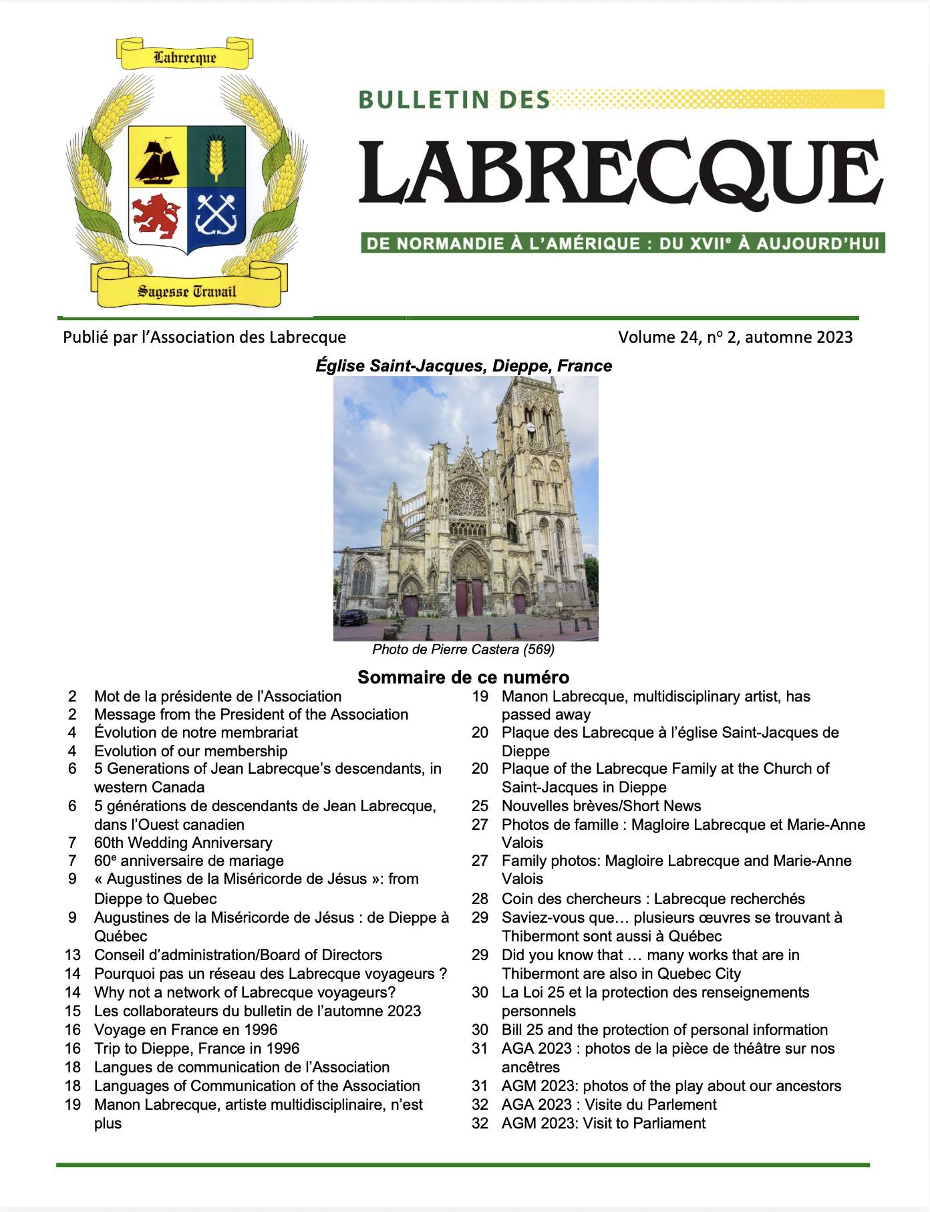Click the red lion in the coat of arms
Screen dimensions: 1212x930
[156, 216]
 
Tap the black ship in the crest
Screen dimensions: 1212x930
[158, 161]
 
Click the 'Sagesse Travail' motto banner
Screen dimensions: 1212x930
[187, 291]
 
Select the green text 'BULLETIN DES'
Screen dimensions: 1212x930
[454, 100]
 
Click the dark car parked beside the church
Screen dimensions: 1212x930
[353, 617]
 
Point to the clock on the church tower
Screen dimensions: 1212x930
[530, 427]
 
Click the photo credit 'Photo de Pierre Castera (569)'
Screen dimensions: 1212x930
[464, 649]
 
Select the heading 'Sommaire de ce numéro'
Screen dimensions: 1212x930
[464, 677]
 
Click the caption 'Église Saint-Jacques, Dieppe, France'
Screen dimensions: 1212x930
[464, 366]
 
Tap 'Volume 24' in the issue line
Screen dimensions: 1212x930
[657, 337]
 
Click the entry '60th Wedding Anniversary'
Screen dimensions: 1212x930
[183, 843]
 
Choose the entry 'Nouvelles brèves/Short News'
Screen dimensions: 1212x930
[601, 806]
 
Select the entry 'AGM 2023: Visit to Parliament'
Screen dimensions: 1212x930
[603, 1123]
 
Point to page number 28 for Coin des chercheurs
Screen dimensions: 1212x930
[480, 899]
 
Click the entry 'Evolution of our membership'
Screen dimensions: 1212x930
[190, 751]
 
